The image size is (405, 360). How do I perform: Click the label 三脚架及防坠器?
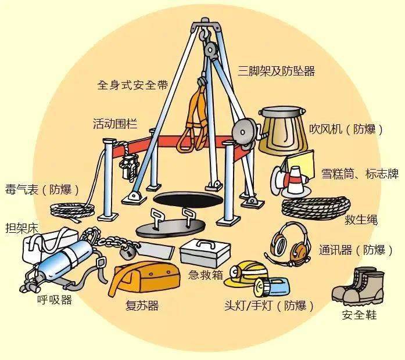277,70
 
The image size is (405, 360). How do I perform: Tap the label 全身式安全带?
132,85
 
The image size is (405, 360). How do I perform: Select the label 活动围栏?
115,124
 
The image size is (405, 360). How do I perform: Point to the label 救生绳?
361,220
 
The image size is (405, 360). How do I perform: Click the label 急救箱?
206,275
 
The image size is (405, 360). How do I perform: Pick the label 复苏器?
142,305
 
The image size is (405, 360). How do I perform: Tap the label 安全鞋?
359,315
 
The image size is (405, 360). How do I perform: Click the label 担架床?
21,228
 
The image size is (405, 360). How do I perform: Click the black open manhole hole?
188,199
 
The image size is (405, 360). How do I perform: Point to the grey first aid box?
205,253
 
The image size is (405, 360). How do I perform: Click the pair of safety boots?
359,287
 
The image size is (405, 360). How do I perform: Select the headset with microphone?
288,245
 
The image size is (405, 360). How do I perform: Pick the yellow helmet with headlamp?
244,273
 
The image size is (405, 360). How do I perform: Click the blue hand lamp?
271,286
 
